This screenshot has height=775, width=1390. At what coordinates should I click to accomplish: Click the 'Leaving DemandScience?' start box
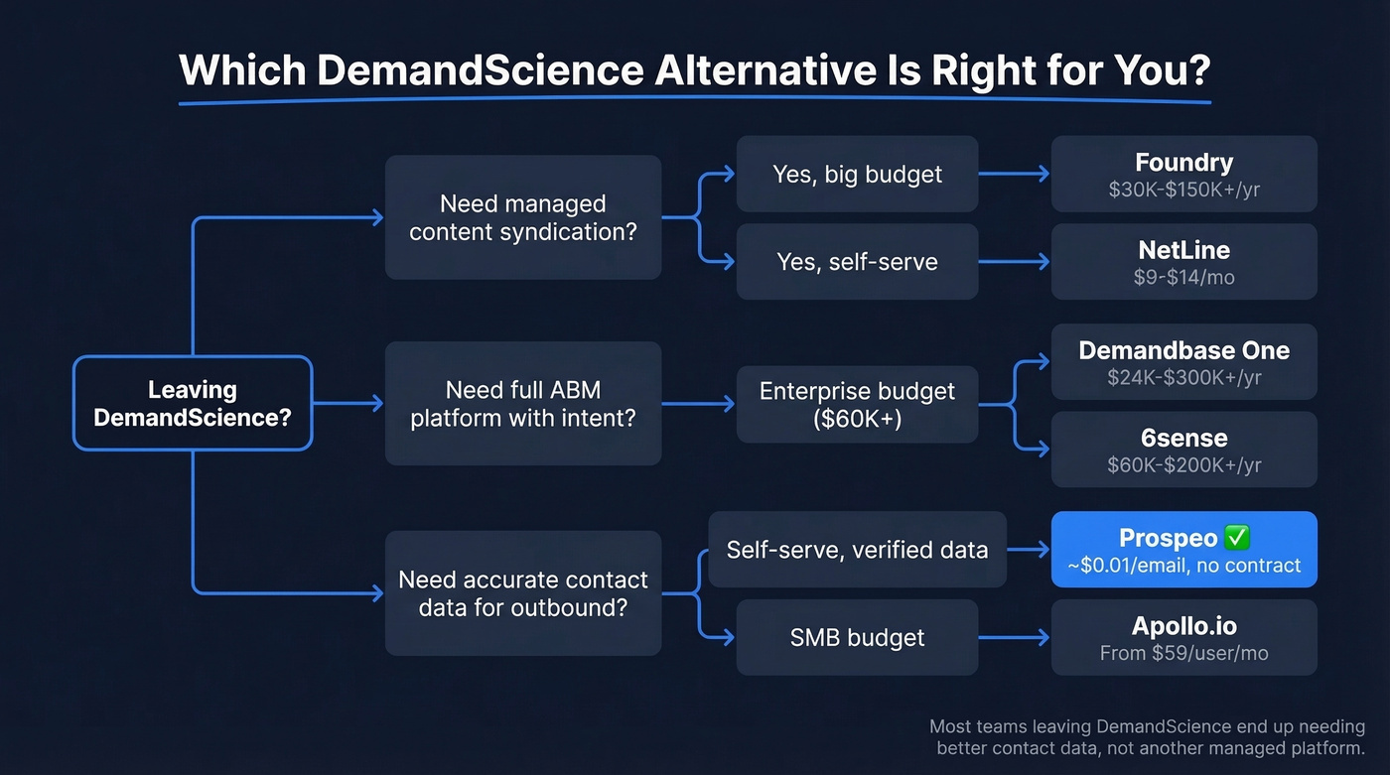click(193, 403)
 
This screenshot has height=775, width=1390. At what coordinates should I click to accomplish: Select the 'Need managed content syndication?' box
click(522, 217)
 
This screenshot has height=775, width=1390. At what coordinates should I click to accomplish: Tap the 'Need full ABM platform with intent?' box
click(522, 403)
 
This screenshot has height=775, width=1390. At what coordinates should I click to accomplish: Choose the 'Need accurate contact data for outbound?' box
click(522, 592)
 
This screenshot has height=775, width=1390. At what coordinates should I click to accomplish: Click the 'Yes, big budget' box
click(857, 175)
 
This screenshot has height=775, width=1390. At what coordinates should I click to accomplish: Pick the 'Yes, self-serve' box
click(857, 262)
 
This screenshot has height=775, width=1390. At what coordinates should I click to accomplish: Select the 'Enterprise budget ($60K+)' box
click(857, 404)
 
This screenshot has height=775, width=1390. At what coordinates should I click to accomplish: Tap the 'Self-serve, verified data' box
click(857, 549)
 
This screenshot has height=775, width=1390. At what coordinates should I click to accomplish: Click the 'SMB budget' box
click(857, 637)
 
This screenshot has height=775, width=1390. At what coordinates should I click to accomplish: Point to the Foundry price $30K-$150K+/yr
click(1183, 190)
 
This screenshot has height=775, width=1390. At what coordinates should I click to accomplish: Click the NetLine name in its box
click(1183, 250)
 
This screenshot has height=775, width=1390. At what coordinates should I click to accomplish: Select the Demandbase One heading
click(1183, 350)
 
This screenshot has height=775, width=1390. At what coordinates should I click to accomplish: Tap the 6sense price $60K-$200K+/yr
click(1183, 465)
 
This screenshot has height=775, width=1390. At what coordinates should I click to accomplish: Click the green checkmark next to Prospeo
click(1237, 538)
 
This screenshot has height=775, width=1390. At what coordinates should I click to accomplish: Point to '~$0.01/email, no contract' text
click(1183, 566)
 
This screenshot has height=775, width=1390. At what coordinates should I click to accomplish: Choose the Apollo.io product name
click(1183, 626)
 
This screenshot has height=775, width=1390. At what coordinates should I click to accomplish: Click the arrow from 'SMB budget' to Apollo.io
click(1014, 637)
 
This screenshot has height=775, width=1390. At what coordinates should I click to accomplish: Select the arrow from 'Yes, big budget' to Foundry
click(1014, 175)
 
